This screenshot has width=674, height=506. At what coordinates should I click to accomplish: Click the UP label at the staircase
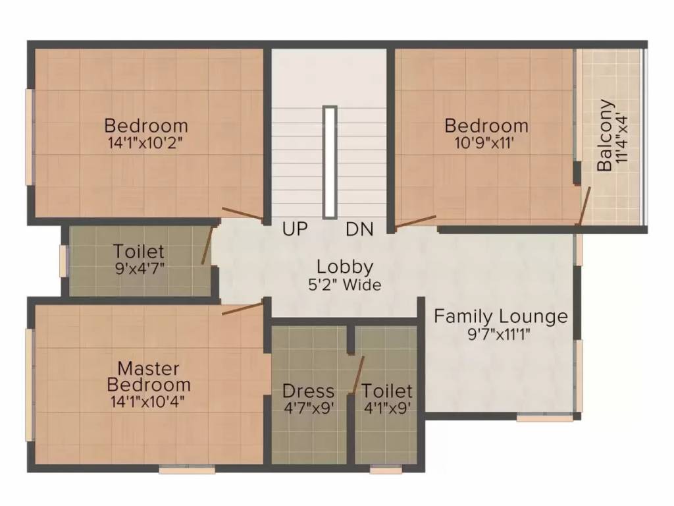point(296,229)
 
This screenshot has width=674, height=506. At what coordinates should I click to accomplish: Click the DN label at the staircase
point(360,229)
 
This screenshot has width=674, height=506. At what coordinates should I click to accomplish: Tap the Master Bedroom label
point(149,376)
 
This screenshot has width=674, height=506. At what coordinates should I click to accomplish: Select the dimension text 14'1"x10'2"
point(145,143)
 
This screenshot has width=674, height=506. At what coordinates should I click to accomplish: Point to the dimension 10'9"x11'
point(486,143)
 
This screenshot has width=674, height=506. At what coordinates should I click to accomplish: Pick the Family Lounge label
point(500,316)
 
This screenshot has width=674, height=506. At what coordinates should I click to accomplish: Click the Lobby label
point(345,267)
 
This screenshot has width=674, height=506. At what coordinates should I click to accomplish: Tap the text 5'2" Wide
point(345,285)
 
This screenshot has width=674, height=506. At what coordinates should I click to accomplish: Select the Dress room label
point(309,391)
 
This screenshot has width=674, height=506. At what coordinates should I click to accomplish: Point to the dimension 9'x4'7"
point(138,269)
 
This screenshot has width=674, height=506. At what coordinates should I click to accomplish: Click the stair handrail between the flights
point(330,162)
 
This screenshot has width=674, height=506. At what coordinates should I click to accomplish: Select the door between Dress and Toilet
point(358,378)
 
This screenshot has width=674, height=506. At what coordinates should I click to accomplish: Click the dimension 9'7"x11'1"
point(500,334)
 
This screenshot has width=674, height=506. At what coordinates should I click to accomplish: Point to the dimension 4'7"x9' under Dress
point(309,408)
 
